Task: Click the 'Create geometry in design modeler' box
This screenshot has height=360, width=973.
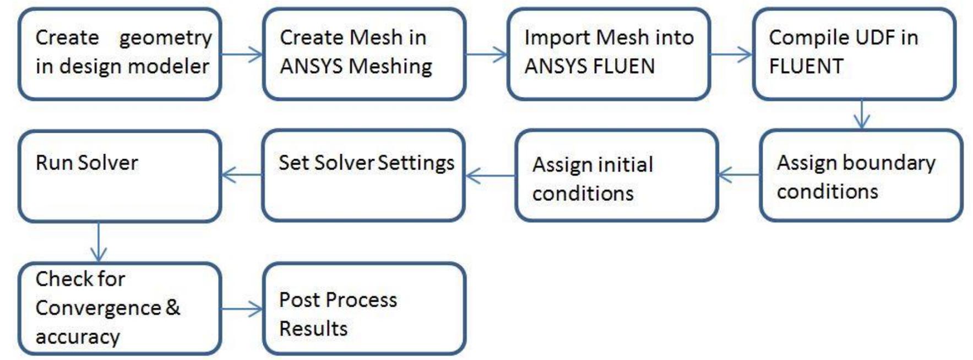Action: (120, 54)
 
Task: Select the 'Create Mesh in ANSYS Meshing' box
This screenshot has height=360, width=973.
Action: (365, 54)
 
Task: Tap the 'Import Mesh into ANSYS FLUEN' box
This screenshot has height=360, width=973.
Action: (609, 54)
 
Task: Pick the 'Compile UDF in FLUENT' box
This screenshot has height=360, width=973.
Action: (854, 54)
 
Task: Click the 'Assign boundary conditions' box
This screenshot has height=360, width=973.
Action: (861, 176)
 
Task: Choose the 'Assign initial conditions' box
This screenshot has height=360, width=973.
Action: (617, 176)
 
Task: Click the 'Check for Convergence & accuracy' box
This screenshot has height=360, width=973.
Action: (120, 309)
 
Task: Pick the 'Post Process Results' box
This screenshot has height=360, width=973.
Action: (365, 309)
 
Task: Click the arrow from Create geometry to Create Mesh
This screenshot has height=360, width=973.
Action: (242, 54)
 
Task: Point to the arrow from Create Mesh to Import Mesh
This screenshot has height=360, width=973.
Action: (487, 54)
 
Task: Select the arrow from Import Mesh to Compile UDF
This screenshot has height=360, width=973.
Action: (731, 54)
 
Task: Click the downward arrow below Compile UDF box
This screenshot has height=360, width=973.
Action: (862, 114)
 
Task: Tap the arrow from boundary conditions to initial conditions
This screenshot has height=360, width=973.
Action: (739, 175)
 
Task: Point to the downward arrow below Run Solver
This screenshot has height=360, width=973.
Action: (99, 242)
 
